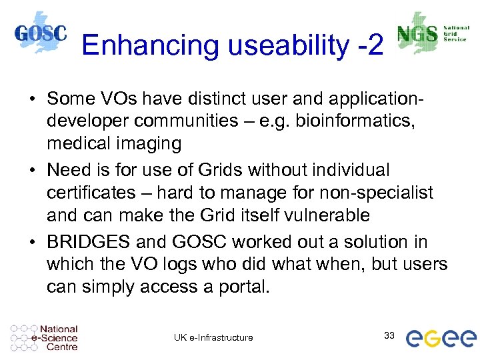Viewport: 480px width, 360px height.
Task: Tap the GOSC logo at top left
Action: coord(41,34)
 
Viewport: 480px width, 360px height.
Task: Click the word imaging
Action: coord(153,143)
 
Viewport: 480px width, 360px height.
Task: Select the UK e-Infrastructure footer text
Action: coord(213,337)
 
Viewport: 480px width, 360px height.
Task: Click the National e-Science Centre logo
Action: coord(45,337)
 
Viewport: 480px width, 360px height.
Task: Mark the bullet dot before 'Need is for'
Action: coord(32,171)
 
